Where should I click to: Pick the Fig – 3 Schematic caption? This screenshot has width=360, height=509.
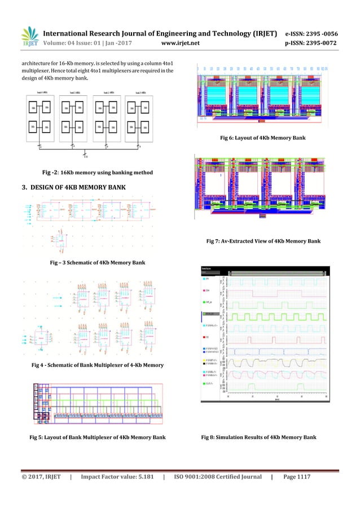(98, 263)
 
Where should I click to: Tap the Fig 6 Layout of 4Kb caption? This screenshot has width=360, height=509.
(262, 138)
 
